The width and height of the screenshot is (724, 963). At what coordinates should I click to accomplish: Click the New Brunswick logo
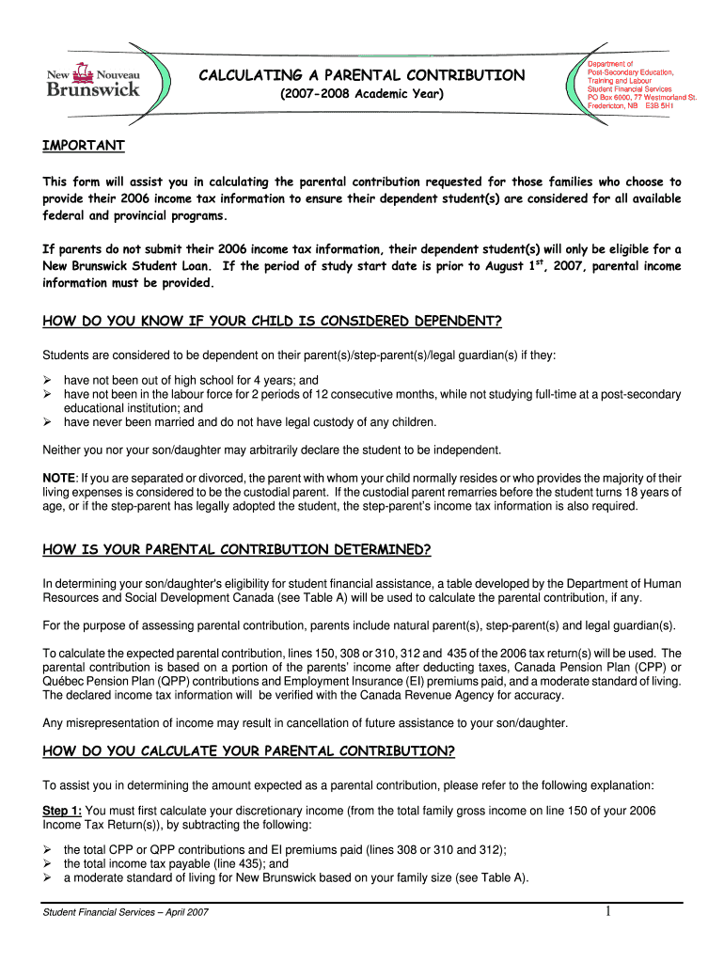[94, 80]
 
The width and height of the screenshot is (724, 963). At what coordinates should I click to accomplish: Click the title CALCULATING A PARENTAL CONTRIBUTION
[362, 74]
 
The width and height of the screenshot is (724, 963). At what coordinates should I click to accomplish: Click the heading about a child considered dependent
[273, 323]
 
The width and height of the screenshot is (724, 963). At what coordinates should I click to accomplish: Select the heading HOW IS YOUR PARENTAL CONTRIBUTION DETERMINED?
[237, 549]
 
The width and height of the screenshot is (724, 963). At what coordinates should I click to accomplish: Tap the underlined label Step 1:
[62, 811]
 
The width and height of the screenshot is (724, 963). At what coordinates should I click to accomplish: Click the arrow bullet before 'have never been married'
[49, 422]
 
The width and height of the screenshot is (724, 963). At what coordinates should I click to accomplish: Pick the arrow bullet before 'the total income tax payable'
[49, 863]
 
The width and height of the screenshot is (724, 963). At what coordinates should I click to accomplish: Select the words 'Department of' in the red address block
[610, 63]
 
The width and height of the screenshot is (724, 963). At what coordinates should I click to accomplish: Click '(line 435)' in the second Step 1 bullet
[236, 863]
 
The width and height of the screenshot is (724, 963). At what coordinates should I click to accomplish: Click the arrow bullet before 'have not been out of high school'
[49, 381]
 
